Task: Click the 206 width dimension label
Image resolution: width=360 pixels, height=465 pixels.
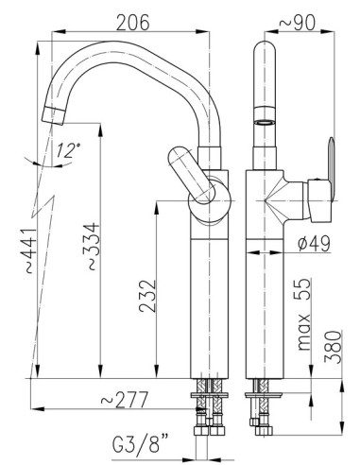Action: (x=132, y=23)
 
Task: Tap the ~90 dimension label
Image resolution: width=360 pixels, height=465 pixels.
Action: (x=297, y=23)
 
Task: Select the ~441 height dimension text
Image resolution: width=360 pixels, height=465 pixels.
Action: (x=31, y=250)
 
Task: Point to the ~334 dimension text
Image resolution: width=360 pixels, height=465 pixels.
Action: (x=93, y=247)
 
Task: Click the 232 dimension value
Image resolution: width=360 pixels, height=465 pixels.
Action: (x=147, y=296)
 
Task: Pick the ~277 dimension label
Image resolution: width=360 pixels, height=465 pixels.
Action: (x=125, y=400)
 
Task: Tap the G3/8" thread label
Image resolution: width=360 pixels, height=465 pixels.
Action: (x=141, y=443)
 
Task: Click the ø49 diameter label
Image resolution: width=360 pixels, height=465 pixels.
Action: (x=314, y=244)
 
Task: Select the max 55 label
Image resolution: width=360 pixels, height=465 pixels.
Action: (x=304, y=315)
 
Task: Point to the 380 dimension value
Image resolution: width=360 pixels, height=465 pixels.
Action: (x=334, y=347)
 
